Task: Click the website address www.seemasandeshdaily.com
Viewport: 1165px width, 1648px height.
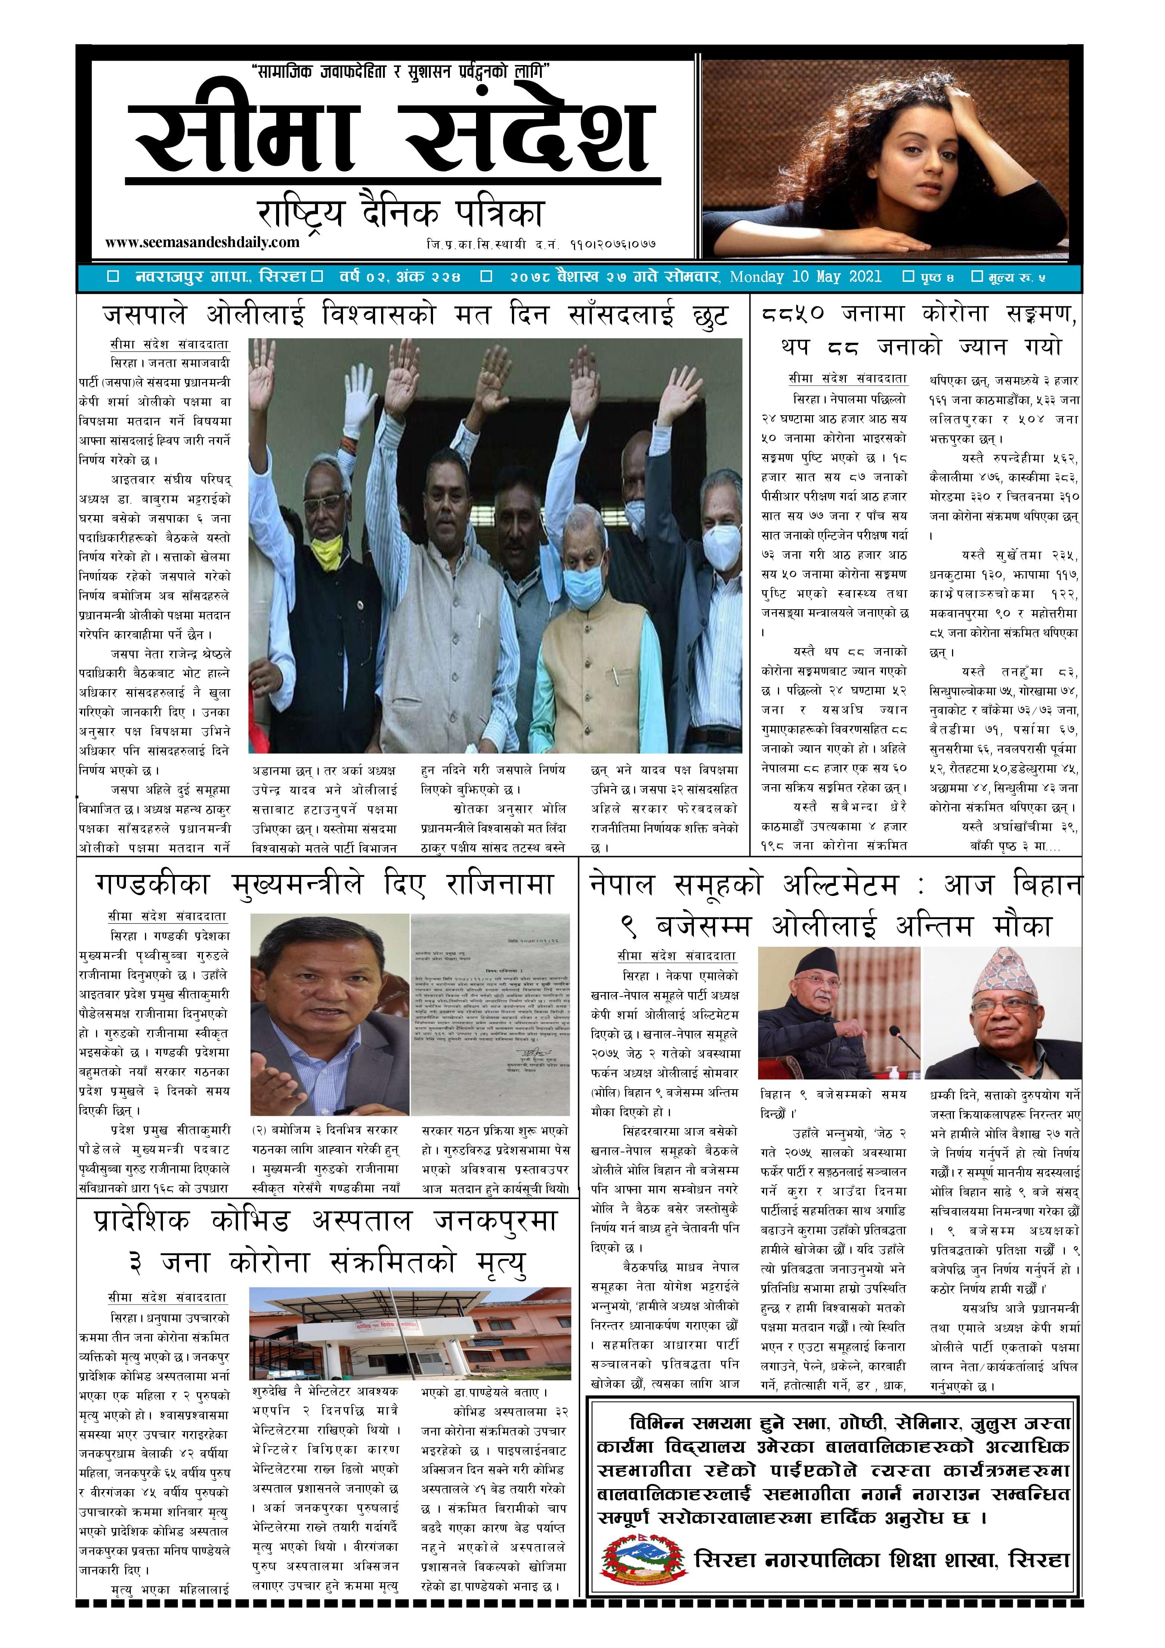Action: pyautogui.click(x=202, y=242)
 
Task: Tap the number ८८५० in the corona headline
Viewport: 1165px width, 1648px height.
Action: pyautogui.click(x=793, y=314)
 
